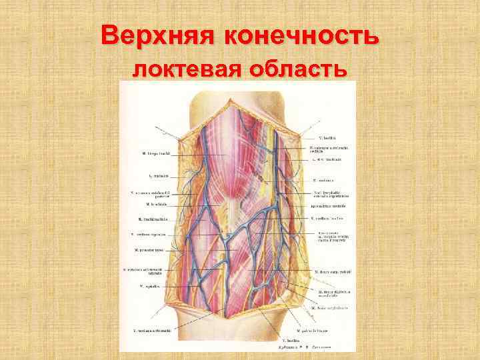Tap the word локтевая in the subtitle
pos(193,69)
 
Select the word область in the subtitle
pos(301,69)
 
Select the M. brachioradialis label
pos(153,219)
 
